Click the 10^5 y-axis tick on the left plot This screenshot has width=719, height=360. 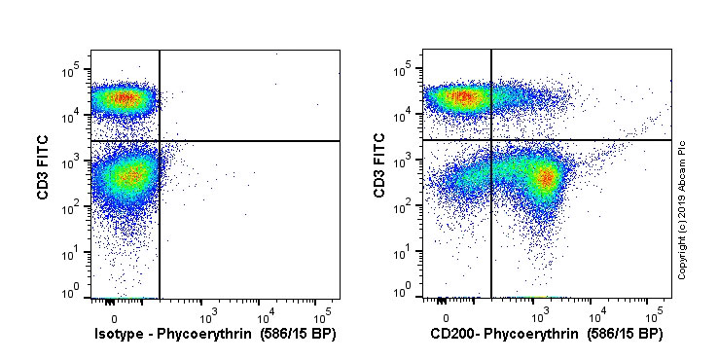click(73, 71)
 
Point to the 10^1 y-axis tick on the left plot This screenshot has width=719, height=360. click(73, 252)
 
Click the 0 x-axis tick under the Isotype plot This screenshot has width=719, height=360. click(114, 317)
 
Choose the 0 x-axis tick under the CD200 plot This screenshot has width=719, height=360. click(447, 317)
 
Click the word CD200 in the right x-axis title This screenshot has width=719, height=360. click(452, 334)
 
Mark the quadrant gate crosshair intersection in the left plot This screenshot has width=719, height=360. click(160, 141)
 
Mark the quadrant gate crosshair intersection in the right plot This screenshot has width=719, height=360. click(492, 140)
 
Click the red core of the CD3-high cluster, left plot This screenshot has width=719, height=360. click(122, 97)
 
